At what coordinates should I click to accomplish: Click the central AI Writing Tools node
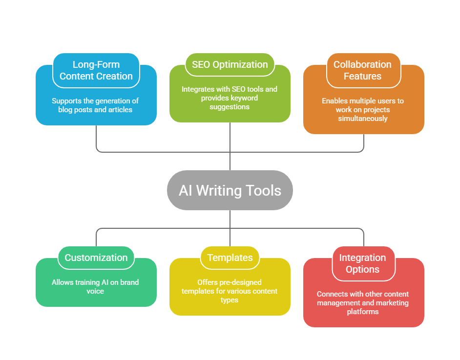(230, 190)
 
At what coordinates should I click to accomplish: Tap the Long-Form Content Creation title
(96, 70)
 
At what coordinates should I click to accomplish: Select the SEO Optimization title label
(230, 64)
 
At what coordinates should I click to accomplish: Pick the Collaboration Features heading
(363, 70)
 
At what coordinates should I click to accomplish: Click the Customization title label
(96, 258)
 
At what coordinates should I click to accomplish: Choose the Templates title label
(230, 258)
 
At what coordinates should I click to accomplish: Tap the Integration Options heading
(363, 263)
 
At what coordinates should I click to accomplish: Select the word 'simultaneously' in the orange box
(363, 119)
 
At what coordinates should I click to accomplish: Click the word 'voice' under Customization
(96, 291)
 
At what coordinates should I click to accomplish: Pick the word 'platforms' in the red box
(363, 312)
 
